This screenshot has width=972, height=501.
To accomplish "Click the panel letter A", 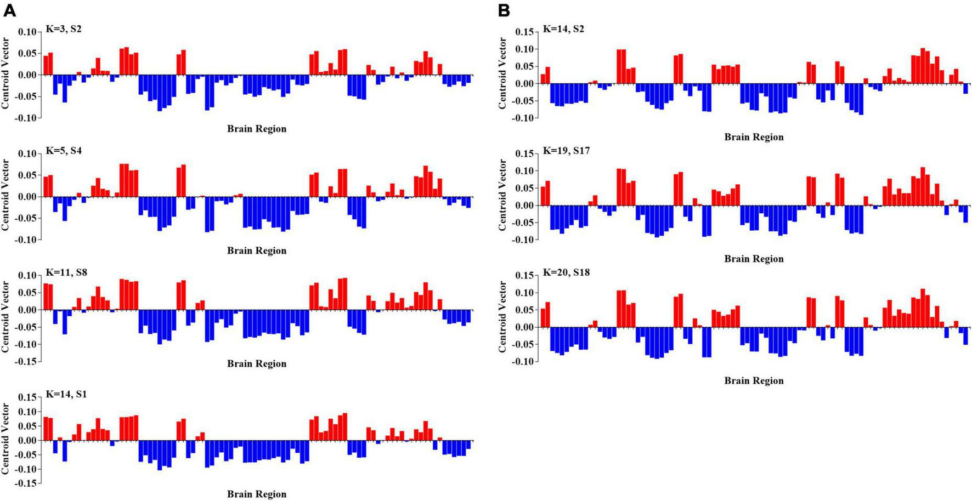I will click(9, 10).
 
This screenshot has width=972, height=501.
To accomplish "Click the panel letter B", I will click(504, 10).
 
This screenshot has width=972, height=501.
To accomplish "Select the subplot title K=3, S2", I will click(64, 29).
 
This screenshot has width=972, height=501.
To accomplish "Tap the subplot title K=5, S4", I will click(64, 150).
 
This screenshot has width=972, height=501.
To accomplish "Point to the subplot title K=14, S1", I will click(66, 394).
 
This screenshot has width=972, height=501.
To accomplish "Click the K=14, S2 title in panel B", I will click(563, 29).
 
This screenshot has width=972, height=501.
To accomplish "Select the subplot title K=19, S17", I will click(566, 150).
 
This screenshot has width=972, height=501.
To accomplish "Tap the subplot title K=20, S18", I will click(566, 272).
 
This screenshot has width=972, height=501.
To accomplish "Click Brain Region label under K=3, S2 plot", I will click(257, 129).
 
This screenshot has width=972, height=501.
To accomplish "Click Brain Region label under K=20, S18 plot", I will click(754, 380).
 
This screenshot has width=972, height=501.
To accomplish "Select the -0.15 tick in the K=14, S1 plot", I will click(27, 483).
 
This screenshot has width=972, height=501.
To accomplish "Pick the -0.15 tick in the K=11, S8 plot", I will click(27, 362).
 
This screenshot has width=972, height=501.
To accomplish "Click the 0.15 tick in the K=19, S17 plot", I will click(525, 154).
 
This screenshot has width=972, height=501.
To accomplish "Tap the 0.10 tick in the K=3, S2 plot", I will click(28, 32).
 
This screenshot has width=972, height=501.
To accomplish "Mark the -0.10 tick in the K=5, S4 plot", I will click(27, 240).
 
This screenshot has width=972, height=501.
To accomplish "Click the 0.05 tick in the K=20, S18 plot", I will click(525, 310).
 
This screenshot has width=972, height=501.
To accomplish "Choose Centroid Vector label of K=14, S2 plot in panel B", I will click(503, 73).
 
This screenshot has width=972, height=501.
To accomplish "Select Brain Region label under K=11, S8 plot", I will click(257, 363).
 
